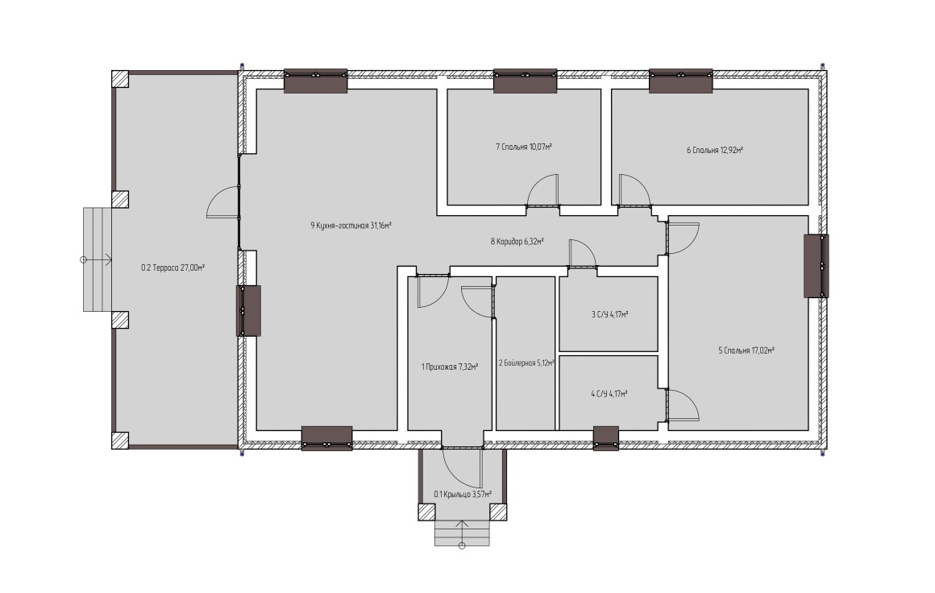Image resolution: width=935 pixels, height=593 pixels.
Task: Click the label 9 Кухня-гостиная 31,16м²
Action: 351,226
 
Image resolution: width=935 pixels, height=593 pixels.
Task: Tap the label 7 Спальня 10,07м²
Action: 524,146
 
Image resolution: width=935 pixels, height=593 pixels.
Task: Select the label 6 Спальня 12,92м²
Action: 714,150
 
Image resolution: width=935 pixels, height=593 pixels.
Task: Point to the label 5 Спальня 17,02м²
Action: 746,350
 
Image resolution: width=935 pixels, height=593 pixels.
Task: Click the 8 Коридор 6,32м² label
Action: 517,242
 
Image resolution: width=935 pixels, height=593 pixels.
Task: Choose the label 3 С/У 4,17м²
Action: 609,314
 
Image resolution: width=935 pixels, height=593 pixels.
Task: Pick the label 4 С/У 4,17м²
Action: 609,393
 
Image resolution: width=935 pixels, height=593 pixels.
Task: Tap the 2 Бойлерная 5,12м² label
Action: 526,363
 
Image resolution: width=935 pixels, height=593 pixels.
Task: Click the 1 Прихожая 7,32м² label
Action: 450,367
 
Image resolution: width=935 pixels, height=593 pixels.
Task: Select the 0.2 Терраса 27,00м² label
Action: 173,267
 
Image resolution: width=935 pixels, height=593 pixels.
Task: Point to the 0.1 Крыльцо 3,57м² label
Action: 463,494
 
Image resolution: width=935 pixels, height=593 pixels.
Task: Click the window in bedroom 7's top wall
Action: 526,81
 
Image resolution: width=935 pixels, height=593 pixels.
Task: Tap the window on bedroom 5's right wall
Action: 817,266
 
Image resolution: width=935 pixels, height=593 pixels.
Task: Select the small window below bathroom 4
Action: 606,438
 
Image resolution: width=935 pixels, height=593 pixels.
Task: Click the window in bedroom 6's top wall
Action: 680,81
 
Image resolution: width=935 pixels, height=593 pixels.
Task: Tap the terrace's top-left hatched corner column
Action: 120,79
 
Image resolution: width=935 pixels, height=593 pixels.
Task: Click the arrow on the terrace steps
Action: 96,259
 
